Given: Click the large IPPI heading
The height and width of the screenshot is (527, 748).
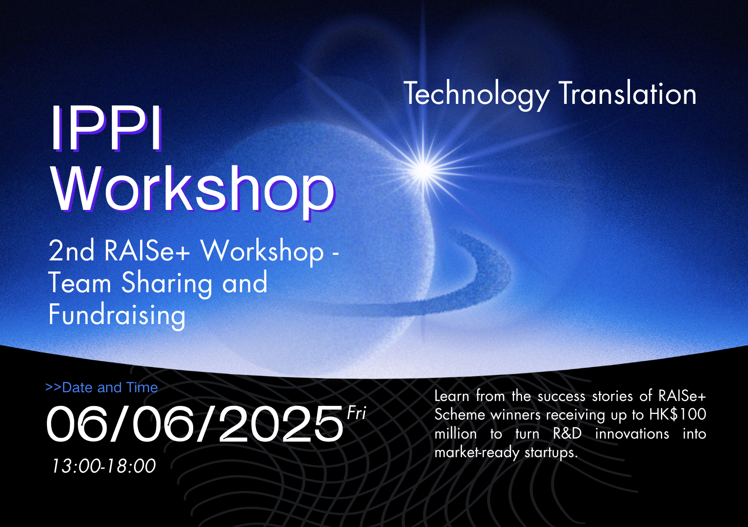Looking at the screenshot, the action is coord(107,128).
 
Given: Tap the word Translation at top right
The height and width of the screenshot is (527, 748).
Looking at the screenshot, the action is coord(627,93).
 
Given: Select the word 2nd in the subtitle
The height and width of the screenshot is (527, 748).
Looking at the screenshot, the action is coord(71,251).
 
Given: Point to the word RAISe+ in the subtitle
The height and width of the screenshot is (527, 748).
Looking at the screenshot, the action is coord(147,251).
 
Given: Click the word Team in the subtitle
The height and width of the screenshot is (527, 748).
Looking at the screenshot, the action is coord(80,283).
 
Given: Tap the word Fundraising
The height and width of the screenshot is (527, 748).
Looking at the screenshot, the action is coord(117,315).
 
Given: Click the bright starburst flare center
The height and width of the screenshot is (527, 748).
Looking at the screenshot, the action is coord(424,170).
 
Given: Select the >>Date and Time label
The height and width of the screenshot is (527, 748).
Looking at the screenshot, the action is coord(102,387).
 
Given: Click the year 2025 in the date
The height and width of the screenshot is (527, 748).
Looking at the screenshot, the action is coord(281,424).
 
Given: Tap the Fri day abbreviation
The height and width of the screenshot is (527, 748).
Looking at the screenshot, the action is coord(357,413).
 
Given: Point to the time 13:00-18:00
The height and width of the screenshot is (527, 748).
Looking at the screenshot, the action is coord(104,466).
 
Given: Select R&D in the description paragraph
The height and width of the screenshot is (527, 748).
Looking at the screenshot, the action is coord(567,433).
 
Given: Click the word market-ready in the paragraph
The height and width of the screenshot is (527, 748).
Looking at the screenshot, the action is coord(477,453).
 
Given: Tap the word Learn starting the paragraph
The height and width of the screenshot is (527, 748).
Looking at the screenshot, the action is coord(452,396).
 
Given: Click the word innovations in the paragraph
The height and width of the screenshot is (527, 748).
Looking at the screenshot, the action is coord(632,434).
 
